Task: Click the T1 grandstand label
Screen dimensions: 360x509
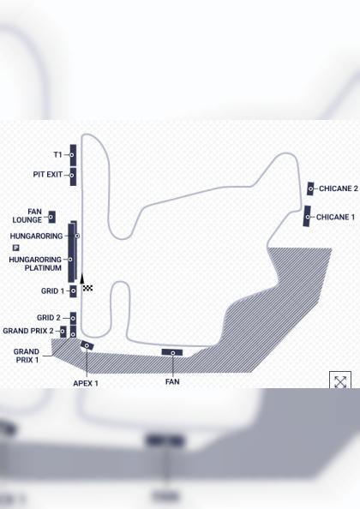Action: (x=57, y=155)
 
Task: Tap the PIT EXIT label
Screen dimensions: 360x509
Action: (x=48, y=175)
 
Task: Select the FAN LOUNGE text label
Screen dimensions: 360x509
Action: (x=27, y=216)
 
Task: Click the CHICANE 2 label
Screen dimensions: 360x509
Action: (x=339, y=189)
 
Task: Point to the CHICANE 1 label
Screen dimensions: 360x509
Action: (x=335, y=217)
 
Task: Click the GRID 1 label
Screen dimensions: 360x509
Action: (x=52, y=290)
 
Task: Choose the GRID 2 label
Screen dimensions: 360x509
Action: (x=49, y=318)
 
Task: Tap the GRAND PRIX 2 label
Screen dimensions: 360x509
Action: (x=28, y=331)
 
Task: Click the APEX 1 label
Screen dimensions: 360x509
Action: (x=86, y=383)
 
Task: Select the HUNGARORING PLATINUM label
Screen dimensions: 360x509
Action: (x=35, y=264)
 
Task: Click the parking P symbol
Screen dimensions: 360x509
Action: (x=16, y=248)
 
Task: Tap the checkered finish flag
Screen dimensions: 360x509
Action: (x=87, y=288)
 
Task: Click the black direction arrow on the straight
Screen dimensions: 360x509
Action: (x=82, y=278)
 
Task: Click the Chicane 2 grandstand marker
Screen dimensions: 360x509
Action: (x=310, y=189)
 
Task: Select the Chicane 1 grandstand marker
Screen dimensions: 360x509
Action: (x=307, y=216)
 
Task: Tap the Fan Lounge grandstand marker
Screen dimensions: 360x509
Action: (x=51, y=217)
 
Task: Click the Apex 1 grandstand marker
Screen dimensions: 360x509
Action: (x=87, y=345)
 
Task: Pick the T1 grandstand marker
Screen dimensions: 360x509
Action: (x=73, y=155)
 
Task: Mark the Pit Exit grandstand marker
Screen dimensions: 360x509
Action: (x=73, y=177)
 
